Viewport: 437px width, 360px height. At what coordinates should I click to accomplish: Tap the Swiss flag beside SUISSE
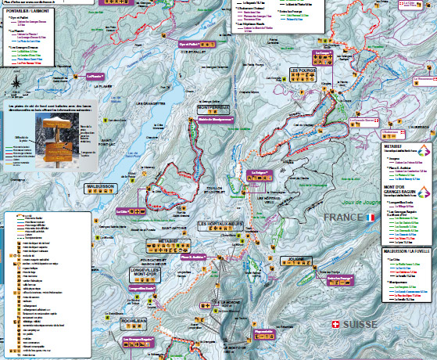pos(336,324)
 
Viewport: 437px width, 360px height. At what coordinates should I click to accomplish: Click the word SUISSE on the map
pos(361,324)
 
